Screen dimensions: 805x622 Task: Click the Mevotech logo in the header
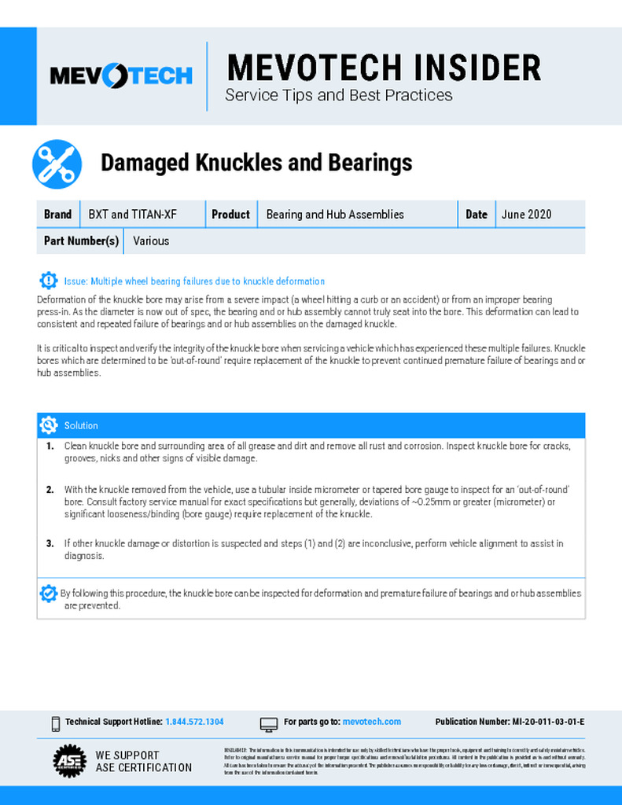pos(120,75)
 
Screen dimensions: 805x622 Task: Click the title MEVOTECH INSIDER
pos(384,68)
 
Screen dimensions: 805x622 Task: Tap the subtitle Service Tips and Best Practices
pos(339,95)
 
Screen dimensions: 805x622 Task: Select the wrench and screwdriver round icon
pos(57,164)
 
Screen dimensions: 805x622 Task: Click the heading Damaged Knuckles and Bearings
pos(256,163)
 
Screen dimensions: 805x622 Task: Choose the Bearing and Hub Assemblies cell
pos(335,214)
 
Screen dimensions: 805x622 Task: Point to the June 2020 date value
pos(527,214)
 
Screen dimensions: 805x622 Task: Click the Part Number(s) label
pos(81,241)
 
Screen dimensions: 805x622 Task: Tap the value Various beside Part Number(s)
pos(151,241)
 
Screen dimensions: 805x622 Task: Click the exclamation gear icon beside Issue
pos(49,281)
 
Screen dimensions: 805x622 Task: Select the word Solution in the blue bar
pos(81,425)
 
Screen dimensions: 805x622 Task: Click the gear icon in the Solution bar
pos(49,425)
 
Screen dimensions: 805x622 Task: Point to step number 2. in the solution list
pos(50,489)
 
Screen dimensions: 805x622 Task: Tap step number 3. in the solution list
pos(50,543)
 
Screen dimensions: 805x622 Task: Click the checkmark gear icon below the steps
pos(49,594)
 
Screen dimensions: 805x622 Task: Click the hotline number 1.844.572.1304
pos(194,722)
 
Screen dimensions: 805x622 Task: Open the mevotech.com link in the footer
pos(372,722)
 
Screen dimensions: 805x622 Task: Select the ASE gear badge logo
pos(69,760)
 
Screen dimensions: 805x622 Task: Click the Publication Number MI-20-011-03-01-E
pos(510,722)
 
